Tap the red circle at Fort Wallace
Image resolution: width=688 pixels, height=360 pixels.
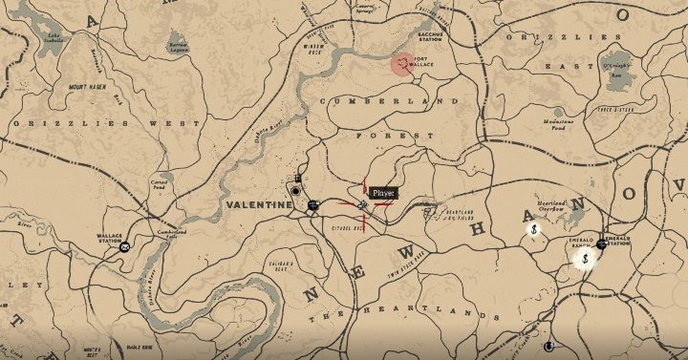click(403, 64)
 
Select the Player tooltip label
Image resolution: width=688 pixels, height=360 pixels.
click(383, 193)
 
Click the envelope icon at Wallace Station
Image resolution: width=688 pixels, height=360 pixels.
click(124, 246)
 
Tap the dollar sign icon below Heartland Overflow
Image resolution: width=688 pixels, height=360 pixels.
click(537, 228)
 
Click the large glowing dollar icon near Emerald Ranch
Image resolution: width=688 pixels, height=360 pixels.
click(585, 258)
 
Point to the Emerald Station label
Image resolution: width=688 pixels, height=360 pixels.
click(615, 244)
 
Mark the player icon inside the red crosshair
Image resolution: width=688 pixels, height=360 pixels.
click(363, 204)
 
